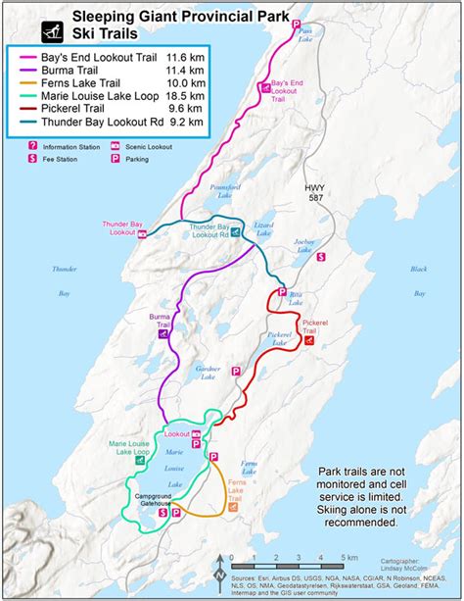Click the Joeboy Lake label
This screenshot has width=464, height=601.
pyautogui.click(x=303, y=246)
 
